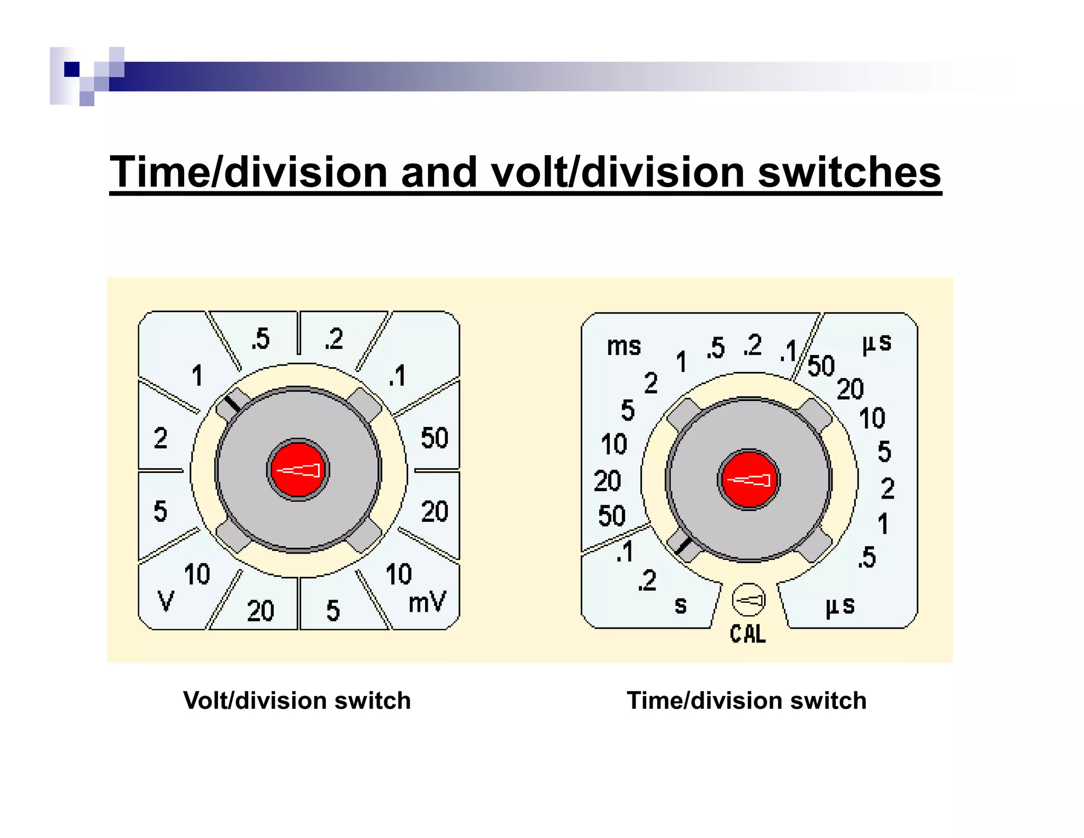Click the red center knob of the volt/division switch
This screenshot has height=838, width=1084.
coord(298,470)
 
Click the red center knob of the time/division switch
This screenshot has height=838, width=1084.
coord(748,480)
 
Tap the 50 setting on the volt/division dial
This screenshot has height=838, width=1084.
coord(434,438)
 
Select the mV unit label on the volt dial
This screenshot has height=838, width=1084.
coord(427,602)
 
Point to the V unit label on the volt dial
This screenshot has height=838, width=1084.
coord(166,601)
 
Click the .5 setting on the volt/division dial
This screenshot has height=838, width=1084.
coord(260,338)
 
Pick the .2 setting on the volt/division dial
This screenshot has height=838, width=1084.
coord(334,339)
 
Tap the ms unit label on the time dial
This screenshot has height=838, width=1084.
coord(624,346)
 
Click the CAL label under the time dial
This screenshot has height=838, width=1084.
coord(747,634)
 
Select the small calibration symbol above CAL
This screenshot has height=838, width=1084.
coord(748,600)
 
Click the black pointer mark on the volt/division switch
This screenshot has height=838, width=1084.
coord(231,404)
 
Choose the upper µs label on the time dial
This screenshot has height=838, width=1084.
coord(877,343)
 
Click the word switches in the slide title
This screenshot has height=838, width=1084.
coord(849,172)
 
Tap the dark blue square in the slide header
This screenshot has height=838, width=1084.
coord(71,69)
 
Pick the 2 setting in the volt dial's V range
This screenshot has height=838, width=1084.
coord(160,438)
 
